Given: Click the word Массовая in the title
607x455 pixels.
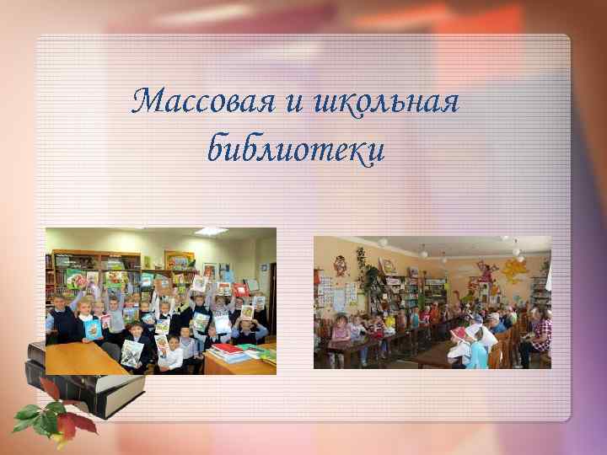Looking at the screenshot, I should [192, 104].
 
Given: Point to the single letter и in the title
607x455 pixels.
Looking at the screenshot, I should [293, 105].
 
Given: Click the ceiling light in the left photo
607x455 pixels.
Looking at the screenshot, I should [211, 231].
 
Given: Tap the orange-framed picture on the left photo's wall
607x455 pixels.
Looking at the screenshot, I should [179, 259].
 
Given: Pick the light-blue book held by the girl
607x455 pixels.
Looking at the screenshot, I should [93, 328].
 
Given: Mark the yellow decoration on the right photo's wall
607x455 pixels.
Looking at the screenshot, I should [513, 270].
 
